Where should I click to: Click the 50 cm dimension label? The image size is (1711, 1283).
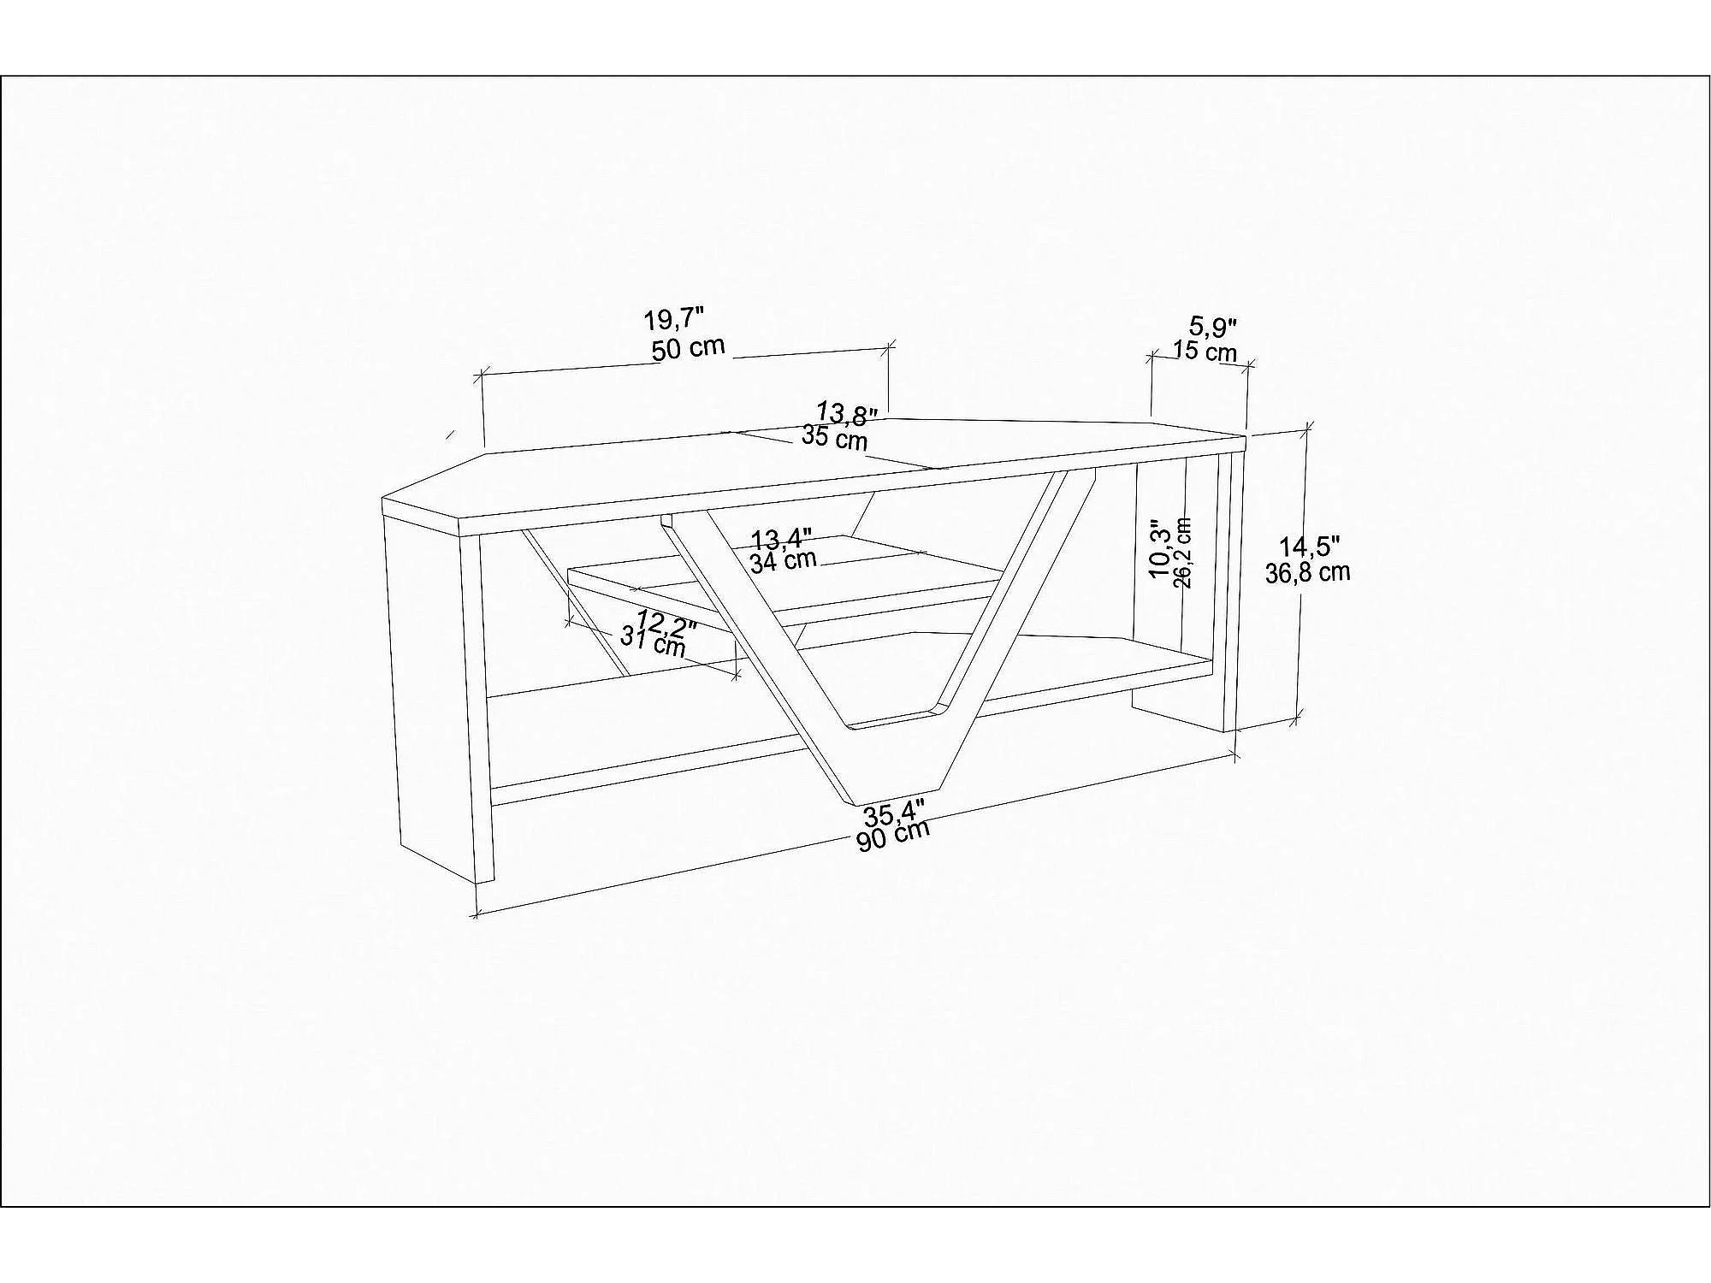(x=688, y=348)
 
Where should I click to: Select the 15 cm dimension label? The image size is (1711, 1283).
(x=1205, y=351)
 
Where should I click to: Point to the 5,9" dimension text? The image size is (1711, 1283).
(x=1214, y=326)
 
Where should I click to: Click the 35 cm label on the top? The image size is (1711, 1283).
(x=834, y=439)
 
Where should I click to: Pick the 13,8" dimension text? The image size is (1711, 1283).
(x=847, y=413)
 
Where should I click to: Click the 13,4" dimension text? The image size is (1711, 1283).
(x=781, y=539)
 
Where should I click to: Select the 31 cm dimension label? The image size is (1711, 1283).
(x=653, y=641)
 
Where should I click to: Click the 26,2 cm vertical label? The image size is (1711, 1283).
(x=1183, y=553)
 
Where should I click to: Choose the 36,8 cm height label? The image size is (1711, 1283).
(x=1307, y=572)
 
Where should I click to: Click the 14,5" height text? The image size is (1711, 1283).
(x=1309, y=547)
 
